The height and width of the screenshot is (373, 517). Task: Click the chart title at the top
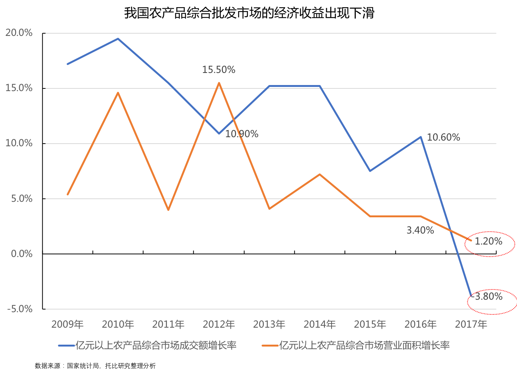click(249, 13)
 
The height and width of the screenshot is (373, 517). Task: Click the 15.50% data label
click(219, 70)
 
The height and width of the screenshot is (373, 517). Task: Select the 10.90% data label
click(242, 134)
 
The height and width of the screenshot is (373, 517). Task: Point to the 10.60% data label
click(444, 137)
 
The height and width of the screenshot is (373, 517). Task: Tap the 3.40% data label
click(420, 230)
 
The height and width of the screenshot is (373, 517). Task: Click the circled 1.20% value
click(489, 241)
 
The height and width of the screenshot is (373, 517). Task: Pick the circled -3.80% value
click(489, 297)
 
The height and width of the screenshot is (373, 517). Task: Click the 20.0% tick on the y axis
click(19, 33)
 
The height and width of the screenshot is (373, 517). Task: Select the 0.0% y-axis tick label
click(22, 254)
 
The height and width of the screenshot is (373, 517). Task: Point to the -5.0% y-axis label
click(20, 309)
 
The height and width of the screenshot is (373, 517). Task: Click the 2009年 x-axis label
click(67, 324)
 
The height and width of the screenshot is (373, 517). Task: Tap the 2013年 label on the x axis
click(269, 324)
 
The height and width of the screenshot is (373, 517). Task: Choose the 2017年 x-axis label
click(471, 324)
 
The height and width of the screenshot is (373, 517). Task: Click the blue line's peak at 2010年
click(118, 39)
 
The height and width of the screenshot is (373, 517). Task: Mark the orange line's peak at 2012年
click(219, 83)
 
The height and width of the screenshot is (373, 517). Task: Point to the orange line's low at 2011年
click(168, 210)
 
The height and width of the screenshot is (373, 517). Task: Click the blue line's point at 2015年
click(370, 171)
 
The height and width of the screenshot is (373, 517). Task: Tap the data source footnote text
click(95, 366)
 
